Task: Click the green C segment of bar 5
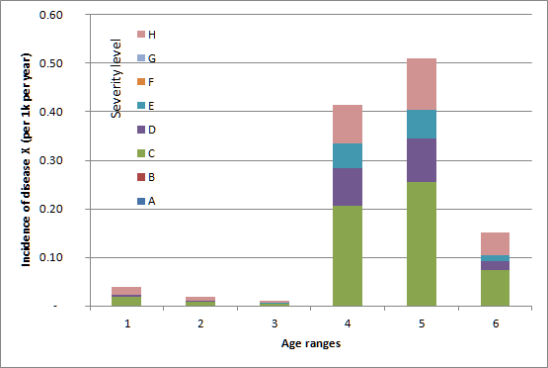tap(421, 243)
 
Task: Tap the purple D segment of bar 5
tap(421, 159)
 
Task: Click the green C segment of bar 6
tap(495, 288)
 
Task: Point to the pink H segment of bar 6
tap(495, 243)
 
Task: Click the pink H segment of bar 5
tap(421, 84)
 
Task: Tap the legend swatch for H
tap(140, 35)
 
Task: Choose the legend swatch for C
tap(140, 153)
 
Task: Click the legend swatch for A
tap(140, 201)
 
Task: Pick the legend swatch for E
tap(140, 106)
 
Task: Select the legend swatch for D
tap(140, 130)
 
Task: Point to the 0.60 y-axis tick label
tap(48, 16)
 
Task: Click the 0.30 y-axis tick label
tap(48, 160)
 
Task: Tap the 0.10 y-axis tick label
tap(48, 257)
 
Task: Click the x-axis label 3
tap(273, 322)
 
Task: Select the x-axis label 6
tap(495, 322)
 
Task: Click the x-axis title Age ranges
tap(309, 343)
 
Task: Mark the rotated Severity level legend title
tap(117, 78)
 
